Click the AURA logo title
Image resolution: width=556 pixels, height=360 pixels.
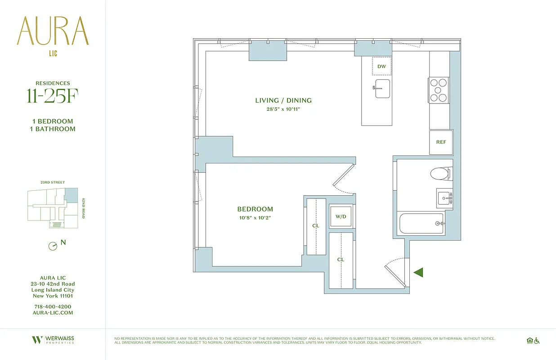coord(53,31)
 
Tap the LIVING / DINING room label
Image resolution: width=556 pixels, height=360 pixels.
coord(283,100)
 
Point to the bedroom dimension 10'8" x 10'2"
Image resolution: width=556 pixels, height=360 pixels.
coord(255,218)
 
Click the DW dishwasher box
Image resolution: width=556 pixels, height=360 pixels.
coord(381,67)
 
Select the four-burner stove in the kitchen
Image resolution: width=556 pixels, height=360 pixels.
coord(439,90)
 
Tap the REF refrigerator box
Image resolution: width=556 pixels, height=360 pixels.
coord(441,142)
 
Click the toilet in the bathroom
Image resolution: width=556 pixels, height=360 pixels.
coord(440,173)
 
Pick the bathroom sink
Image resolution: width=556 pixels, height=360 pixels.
coord(444,198)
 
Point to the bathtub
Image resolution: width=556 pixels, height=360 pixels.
coord(422,223)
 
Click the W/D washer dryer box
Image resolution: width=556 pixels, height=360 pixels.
coord(341,216)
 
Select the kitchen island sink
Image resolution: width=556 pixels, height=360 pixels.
coord(382,89)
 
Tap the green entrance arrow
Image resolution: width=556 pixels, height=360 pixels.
coord(418,272)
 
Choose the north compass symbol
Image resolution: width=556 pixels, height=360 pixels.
coord(53,246)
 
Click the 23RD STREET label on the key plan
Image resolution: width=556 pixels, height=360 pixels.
coord(53,183)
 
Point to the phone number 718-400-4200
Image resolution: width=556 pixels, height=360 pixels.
coord(53,306)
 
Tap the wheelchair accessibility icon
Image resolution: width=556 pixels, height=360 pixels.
coord(536,341)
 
